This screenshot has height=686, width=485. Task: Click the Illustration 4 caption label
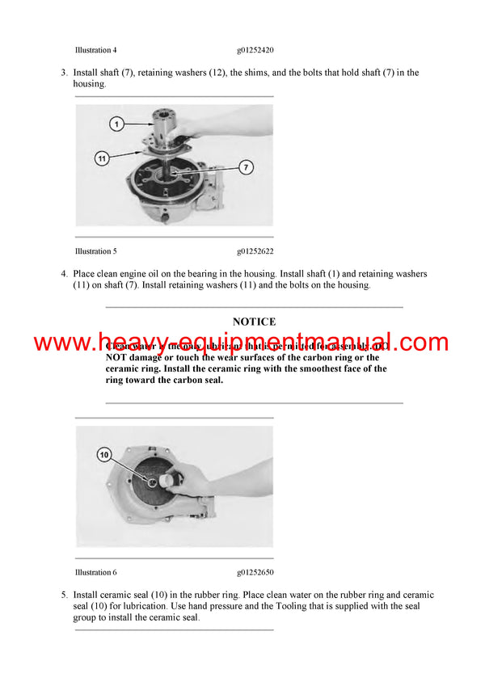[x=95, y=50]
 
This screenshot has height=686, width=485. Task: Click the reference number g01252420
[x=256, y=50]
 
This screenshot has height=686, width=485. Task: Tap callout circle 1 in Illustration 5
[x=117, y=124]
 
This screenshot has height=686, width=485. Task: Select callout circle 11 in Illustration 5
[x=103, y=158]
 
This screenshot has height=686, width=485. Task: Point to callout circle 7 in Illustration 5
[x=247, y=167]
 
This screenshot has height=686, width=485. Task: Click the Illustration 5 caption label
[x=95, y=251]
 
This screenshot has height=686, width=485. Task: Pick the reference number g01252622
[x=256, y=251]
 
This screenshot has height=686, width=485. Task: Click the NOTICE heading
[x=254, y=322]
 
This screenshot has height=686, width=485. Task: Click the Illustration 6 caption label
[x=95, y=572]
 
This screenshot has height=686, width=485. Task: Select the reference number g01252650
[x=256, y=572]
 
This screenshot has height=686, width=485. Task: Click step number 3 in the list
[x=64, y=73]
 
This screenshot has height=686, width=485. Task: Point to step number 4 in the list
[x=64, y=274]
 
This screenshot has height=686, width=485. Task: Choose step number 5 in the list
[x=64, y=595]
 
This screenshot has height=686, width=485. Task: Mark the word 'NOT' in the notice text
[x=117, y=357]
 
